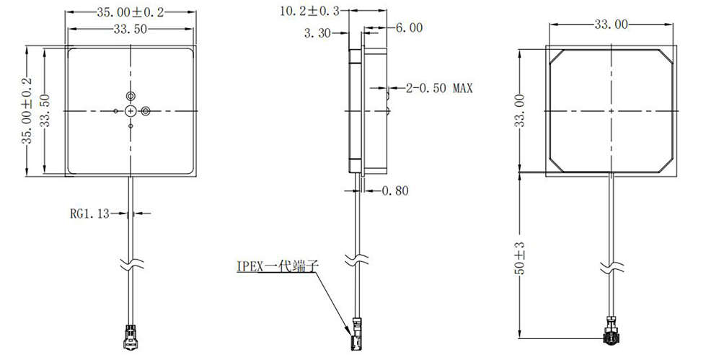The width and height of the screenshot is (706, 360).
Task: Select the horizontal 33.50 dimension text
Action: [x=131, y=29]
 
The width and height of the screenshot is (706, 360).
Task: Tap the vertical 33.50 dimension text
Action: [x=44, y=111]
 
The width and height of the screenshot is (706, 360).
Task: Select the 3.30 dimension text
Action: [x=318, y=33]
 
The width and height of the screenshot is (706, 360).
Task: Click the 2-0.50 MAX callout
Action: [x=439, y=89]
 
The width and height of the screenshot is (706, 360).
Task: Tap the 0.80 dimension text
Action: [x=394, y=191]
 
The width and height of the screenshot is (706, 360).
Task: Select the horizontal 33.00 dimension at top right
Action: [x=610, y=25]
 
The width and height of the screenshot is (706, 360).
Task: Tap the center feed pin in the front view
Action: [x=131, y=110]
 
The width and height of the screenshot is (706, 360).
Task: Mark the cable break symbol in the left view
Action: [x=131, y=264]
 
